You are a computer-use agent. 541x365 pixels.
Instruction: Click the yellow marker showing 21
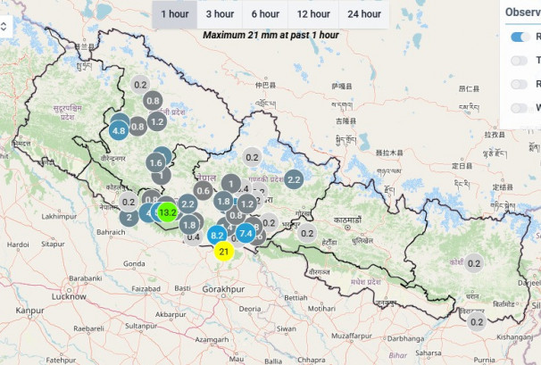click(x=224, y=252)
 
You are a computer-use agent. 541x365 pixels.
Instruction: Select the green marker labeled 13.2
click(x=168, y=212)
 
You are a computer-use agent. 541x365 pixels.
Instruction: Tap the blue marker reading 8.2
click(x=217, y=236)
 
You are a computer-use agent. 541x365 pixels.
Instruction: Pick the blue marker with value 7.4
click(x=246, y=235)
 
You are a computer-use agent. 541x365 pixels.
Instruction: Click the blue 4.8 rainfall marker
click(x=119, y=131)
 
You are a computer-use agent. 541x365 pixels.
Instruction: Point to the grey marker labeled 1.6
click(x=156, y=162)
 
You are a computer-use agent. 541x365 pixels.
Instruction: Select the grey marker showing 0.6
click(x=204, y=190)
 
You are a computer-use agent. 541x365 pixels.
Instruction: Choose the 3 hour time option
click(x=220, y=13)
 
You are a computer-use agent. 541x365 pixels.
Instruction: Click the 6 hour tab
click(x=265, y=13)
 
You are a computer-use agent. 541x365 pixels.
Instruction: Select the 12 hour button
click(x=313, y=13)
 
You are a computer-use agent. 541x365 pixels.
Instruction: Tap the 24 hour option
click(x=364, y=13)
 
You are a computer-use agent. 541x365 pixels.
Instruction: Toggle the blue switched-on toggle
click(x=520, y=37)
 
